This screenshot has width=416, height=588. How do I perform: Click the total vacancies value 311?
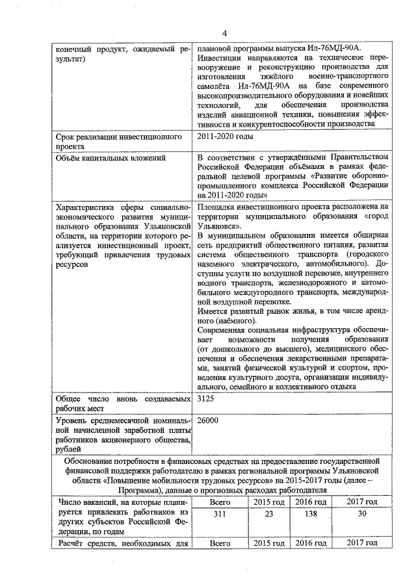(x=221, y=514)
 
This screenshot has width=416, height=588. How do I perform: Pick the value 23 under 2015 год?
(x=269, y=514)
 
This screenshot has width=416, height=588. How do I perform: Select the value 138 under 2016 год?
(x=311, y=514)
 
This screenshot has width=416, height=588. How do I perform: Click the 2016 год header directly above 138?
(x=311, y=502)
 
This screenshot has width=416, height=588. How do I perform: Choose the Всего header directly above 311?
(x=221, y=502)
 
